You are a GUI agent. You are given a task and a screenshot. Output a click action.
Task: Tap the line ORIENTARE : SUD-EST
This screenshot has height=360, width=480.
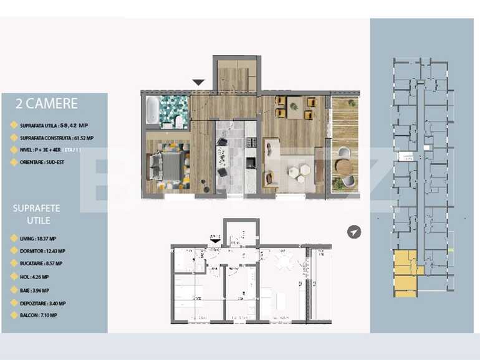coord(42,163)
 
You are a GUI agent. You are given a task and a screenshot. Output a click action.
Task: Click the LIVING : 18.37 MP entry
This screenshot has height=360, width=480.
coord(38,239)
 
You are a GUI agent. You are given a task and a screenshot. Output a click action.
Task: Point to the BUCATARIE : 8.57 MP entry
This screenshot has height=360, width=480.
coord(41,264)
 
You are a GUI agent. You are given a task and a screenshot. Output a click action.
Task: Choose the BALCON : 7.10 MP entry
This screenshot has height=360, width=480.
coord(38,316)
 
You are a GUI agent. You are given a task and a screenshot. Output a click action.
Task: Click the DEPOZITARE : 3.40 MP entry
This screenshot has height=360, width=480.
coord(42,303)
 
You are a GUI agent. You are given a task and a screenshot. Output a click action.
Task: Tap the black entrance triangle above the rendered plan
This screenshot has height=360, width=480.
coord(198,82)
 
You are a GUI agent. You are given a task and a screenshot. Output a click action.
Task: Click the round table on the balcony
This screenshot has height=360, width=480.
coord(343,166)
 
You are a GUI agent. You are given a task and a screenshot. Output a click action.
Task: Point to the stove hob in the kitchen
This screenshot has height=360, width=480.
coord(250,163)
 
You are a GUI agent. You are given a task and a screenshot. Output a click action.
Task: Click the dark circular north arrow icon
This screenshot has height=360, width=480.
coord(354,232)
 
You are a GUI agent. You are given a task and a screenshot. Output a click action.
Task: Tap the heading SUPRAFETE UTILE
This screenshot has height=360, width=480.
coord(36,214)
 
